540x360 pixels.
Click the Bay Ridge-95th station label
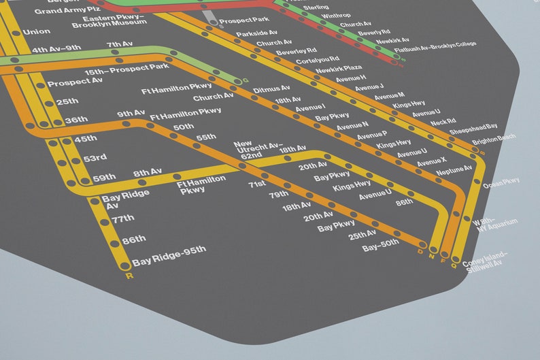[x=169, y=250]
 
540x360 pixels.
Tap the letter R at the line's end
[x=129, y=276]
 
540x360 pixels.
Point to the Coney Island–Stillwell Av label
[x=485, y=259]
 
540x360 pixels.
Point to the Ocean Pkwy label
[x=501, y=184]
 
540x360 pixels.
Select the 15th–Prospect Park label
[x=126, y=70]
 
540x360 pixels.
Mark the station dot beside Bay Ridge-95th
[x=124, y=265]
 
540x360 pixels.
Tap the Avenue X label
[x=432, y=161]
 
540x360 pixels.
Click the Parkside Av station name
[x=256, y=33]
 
